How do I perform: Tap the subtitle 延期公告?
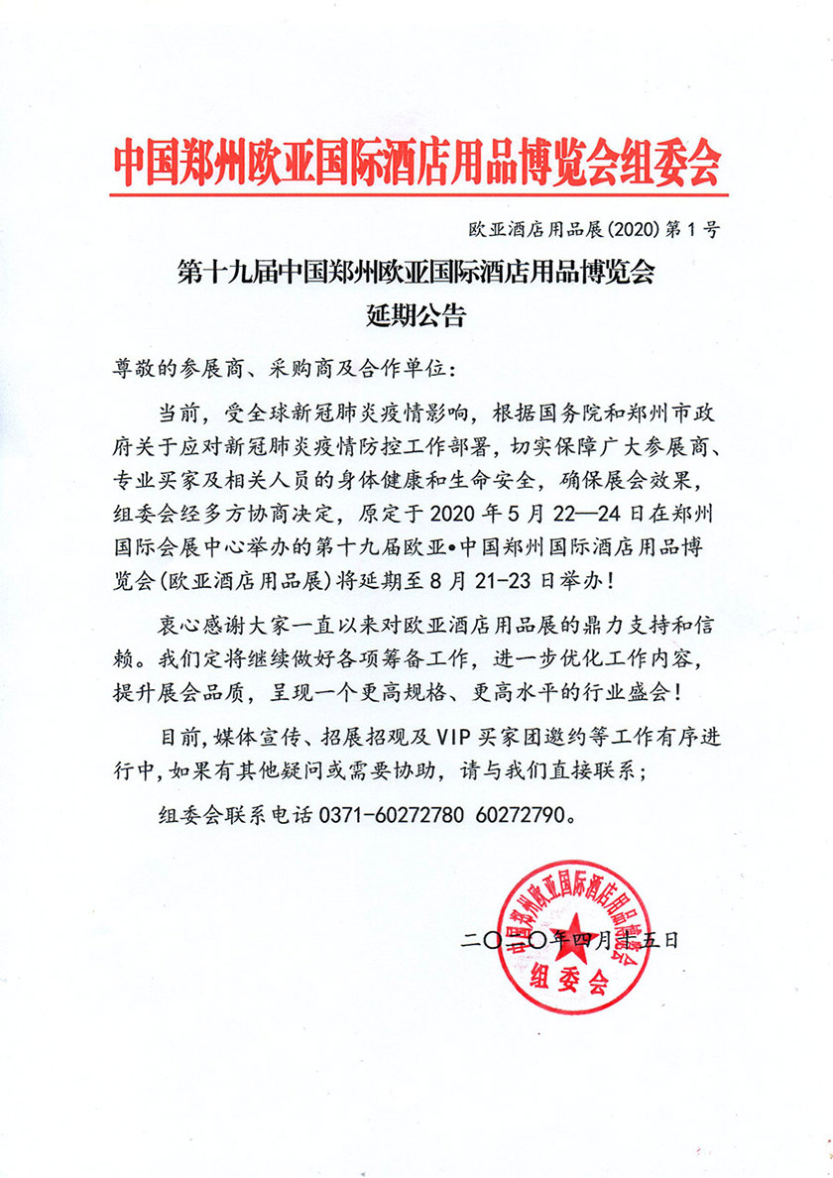(416, 317)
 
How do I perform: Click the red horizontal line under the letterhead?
(416, 194)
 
